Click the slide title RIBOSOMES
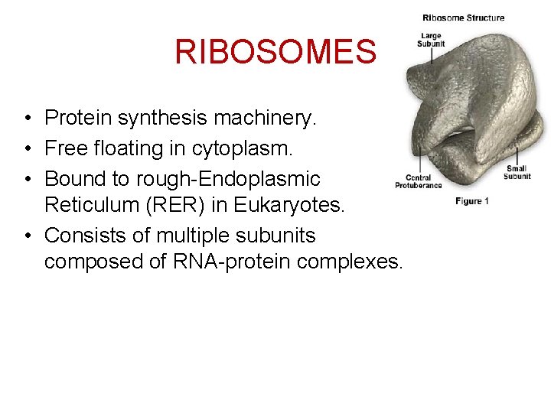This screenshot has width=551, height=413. pos(275,52)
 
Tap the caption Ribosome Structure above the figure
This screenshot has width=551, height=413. pos(463,18)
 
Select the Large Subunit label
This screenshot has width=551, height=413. pos(430,40)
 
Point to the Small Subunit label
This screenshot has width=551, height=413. pos(517,173)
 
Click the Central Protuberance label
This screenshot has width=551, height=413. pos(418,182)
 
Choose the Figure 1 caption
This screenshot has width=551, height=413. pos(471,201)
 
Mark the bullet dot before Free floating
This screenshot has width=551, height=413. pos(27,149)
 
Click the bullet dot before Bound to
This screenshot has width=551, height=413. pos(27,180)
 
